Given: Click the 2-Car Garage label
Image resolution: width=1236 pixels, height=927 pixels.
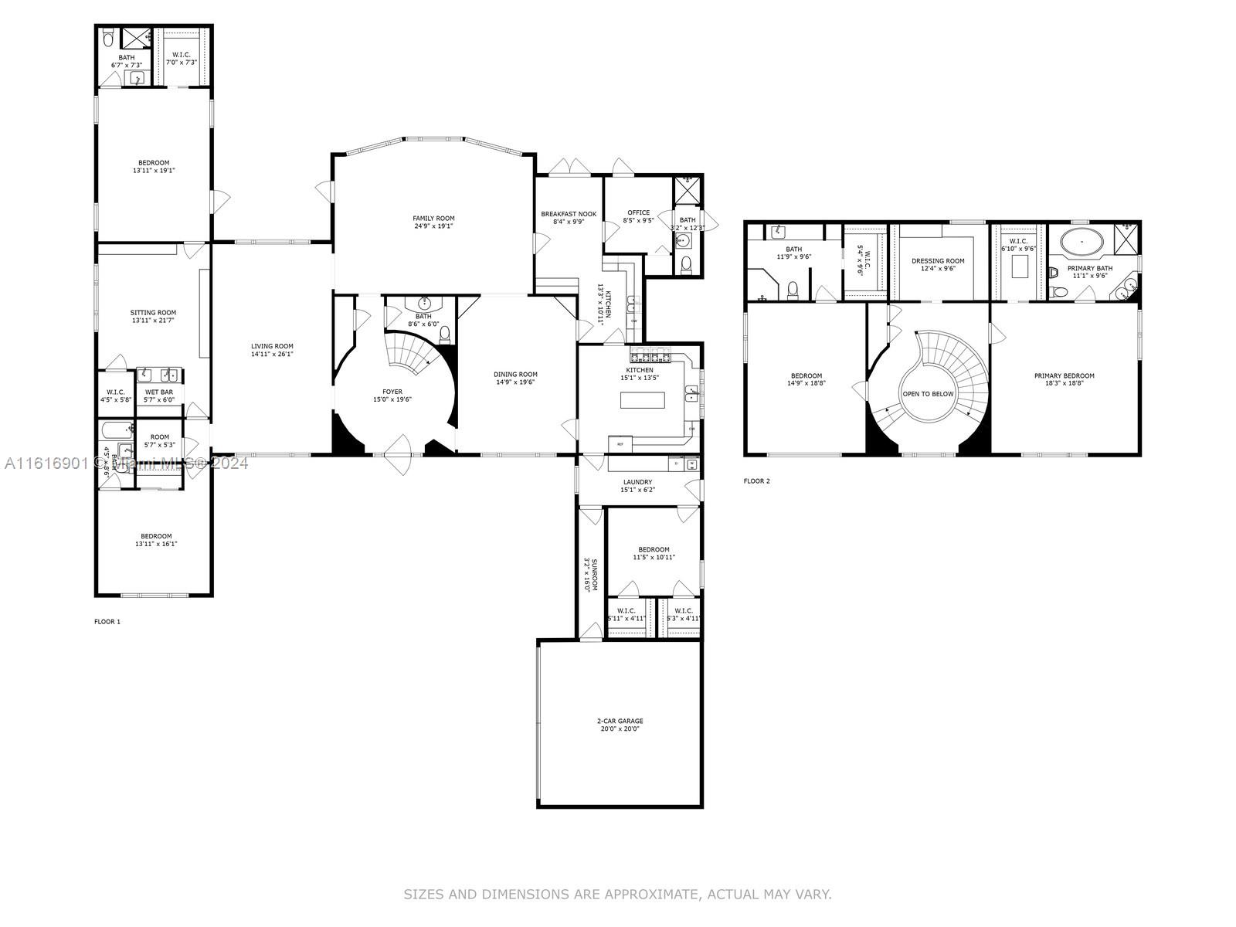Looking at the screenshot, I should click(619, 721).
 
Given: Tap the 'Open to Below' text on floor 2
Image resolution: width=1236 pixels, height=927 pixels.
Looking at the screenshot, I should click(928, 394).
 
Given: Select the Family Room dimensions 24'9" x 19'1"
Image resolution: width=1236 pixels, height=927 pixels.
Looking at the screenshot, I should click(433, 226).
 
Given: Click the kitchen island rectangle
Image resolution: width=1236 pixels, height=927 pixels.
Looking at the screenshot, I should click(643, 400).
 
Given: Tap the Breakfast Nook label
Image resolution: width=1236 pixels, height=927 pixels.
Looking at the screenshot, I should click(569, 213).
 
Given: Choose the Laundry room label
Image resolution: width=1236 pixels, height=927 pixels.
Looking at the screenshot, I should click(637, 482).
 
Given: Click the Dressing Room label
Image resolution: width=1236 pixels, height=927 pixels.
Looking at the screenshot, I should click(938, 261).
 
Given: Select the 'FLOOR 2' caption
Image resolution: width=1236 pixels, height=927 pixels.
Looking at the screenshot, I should click(756, 480).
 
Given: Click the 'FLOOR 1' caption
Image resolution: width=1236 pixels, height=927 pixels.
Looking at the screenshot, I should click(107, 621).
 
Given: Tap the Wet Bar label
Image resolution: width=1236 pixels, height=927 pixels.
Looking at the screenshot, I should click(159, 392).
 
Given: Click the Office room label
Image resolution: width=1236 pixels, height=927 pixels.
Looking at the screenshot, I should click(638, 212).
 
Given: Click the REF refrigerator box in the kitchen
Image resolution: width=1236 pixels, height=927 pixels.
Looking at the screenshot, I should click(620, 444).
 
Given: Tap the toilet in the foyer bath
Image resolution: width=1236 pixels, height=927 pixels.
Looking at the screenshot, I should click(445, 333).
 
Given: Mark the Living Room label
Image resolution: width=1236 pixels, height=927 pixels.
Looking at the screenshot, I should click(272, 346).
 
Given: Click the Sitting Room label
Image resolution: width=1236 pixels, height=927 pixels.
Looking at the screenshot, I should click(153, 313).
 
